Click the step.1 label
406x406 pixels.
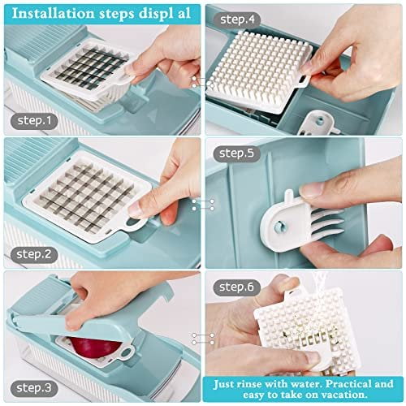[x=34, y=121]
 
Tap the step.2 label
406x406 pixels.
[x=34, y=254]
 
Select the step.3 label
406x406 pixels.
[x=34, y=388]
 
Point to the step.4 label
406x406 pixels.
[x=237, y=19]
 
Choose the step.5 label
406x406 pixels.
[x=236, y=153]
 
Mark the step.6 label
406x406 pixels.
[x=236, y=287]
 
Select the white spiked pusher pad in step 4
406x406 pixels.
[x=258, y=71]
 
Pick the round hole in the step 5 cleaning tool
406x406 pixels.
[x=279, y=226]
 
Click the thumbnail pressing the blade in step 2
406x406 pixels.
[x=136, y=209]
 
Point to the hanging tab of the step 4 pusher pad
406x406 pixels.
[x=303, y=80]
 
